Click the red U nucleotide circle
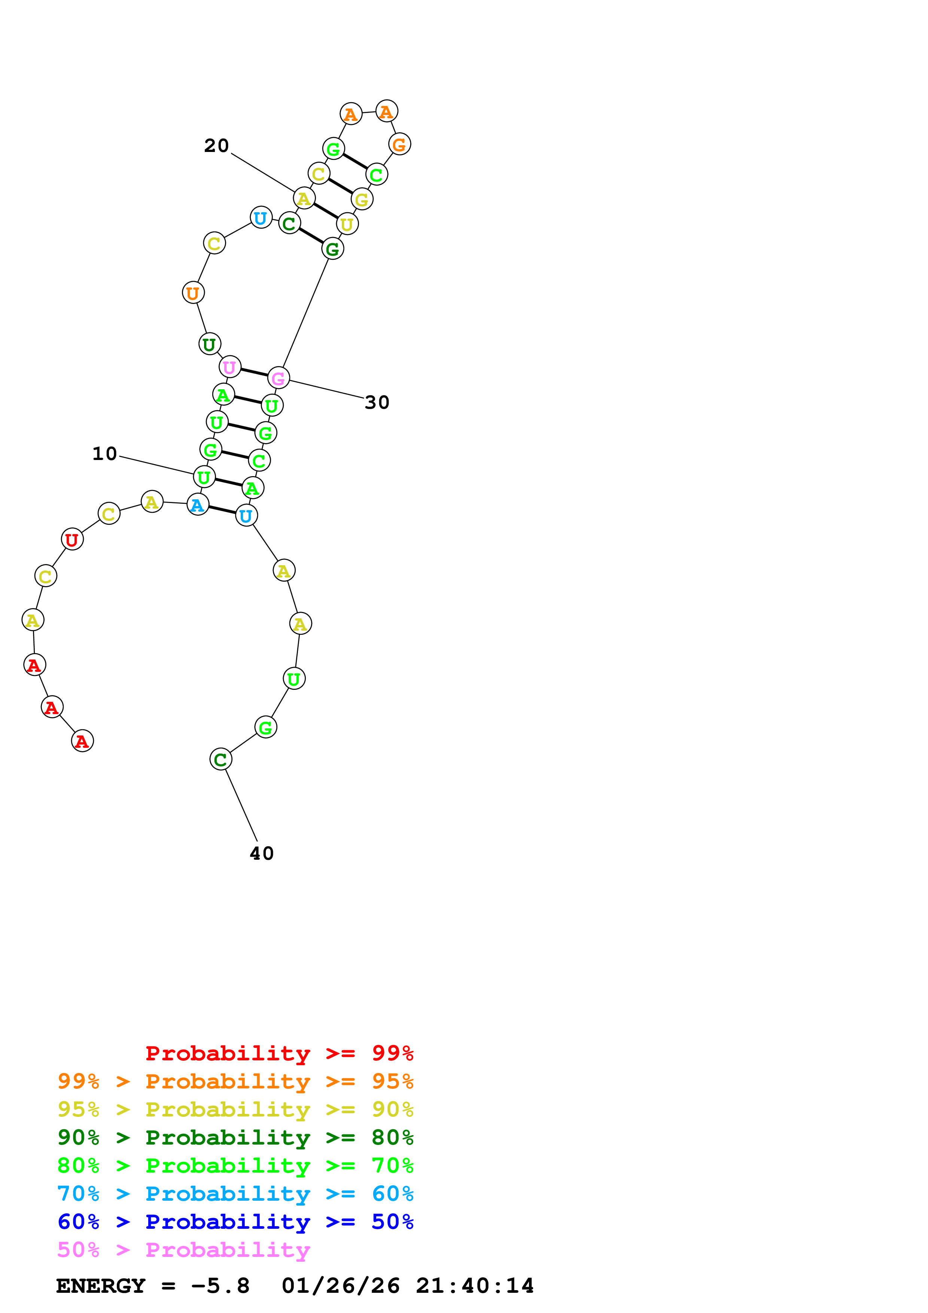(72, 539)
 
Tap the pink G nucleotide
(279, 378)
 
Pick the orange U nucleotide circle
(193, 293)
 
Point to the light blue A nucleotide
(198, 505)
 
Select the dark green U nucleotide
(210, 344)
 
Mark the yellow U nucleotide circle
(347, 224)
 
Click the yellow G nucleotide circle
(362, 199)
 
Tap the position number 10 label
(105, 454)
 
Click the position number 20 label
(217, 146)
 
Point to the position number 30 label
(377, 403)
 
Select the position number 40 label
(262, 854)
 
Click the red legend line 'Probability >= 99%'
(279, 1053)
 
